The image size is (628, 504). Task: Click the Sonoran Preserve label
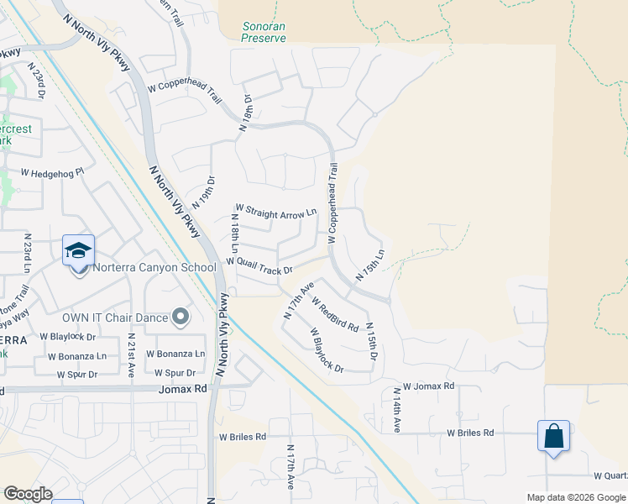tap(264, 32)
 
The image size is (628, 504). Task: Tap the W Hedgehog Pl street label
tap(53, 172)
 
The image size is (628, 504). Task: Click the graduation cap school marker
tap(78, 250)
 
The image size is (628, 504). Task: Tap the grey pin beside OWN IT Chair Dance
tap(180, 317)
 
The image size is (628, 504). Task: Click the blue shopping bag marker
tap(553, 436)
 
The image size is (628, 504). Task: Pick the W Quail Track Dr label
tap(259, 266)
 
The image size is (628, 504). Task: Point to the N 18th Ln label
tap(235, 234)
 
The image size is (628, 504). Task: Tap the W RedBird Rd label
tap(335, 313)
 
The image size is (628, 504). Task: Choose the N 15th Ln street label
tap(370, 265)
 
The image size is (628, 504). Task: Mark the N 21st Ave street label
tap(131, 354)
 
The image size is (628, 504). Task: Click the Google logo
tap(28, 493)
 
